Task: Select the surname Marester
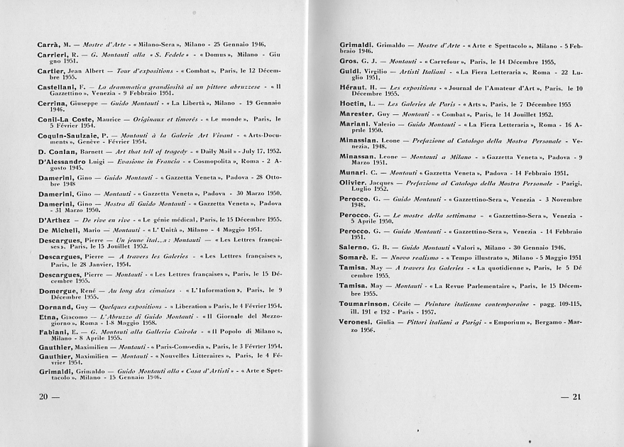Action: click(x=361, y=114)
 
